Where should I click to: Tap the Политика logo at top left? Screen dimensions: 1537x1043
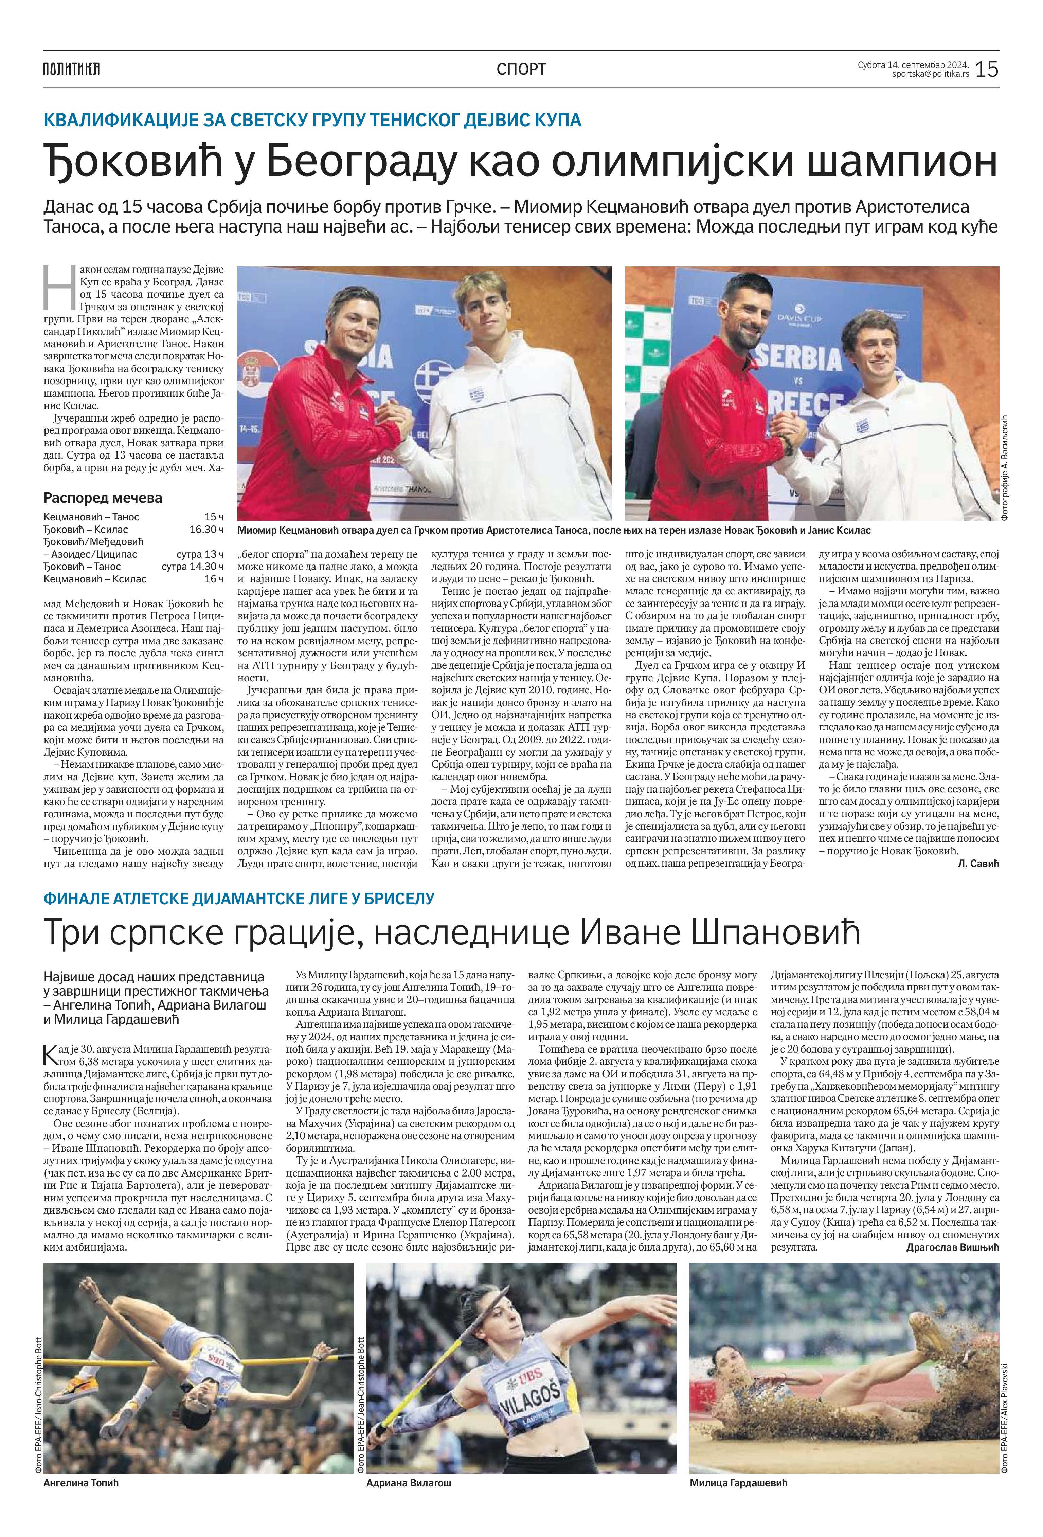(71, 69)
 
